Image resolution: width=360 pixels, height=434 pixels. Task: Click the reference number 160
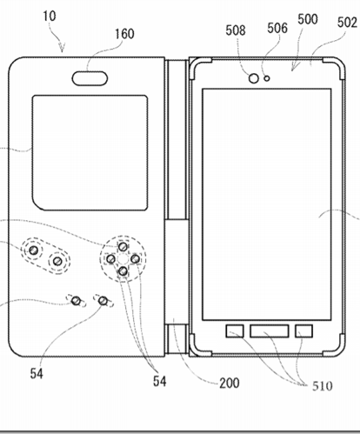[124, 34]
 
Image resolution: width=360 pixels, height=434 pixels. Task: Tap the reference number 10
[50, 16]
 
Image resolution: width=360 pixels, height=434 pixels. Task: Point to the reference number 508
[236, 30]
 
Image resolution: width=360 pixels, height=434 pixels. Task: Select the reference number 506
[277, 28]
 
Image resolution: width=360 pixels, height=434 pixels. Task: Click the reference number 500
[308, 19]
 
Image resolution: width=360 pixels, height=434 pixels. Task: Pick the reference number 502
[347, 23]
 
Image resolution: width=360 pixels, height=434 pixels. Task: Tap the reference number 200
[230, 384]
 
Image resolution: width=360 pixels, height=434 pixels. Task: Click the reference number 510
[323, 386]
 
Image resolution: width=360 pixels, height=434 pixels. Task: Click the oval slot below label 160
[90, 78]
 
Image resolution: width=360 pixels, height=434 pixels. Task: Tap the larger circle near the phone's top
[254, 78]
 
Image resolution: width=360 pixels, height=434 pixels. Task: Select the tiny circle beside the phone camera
[267, 78]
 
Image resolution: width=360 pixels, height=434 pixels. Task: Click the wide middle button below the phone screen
[270, 331]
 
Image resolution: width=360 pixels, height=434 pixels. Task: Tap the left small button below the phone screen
[235, 331]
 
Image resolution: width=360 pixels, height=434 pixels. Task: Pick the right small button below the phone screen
[303, 331]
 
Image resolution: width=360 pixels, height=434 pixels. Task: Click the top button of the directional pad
[123, 247]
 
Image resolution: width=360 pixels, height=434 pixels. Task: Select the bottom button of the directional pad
[123, 271]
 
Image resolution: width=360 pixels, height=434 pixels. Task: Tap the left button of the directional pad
[111, 259]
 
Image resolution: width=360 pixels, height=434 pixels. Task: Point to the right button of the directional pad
[135, 259]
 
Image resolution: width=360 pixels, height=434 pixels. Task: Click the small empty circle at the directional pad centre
[123, 259]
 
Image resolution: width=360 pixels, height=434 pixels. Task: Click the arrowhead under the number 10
[62, 48]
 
